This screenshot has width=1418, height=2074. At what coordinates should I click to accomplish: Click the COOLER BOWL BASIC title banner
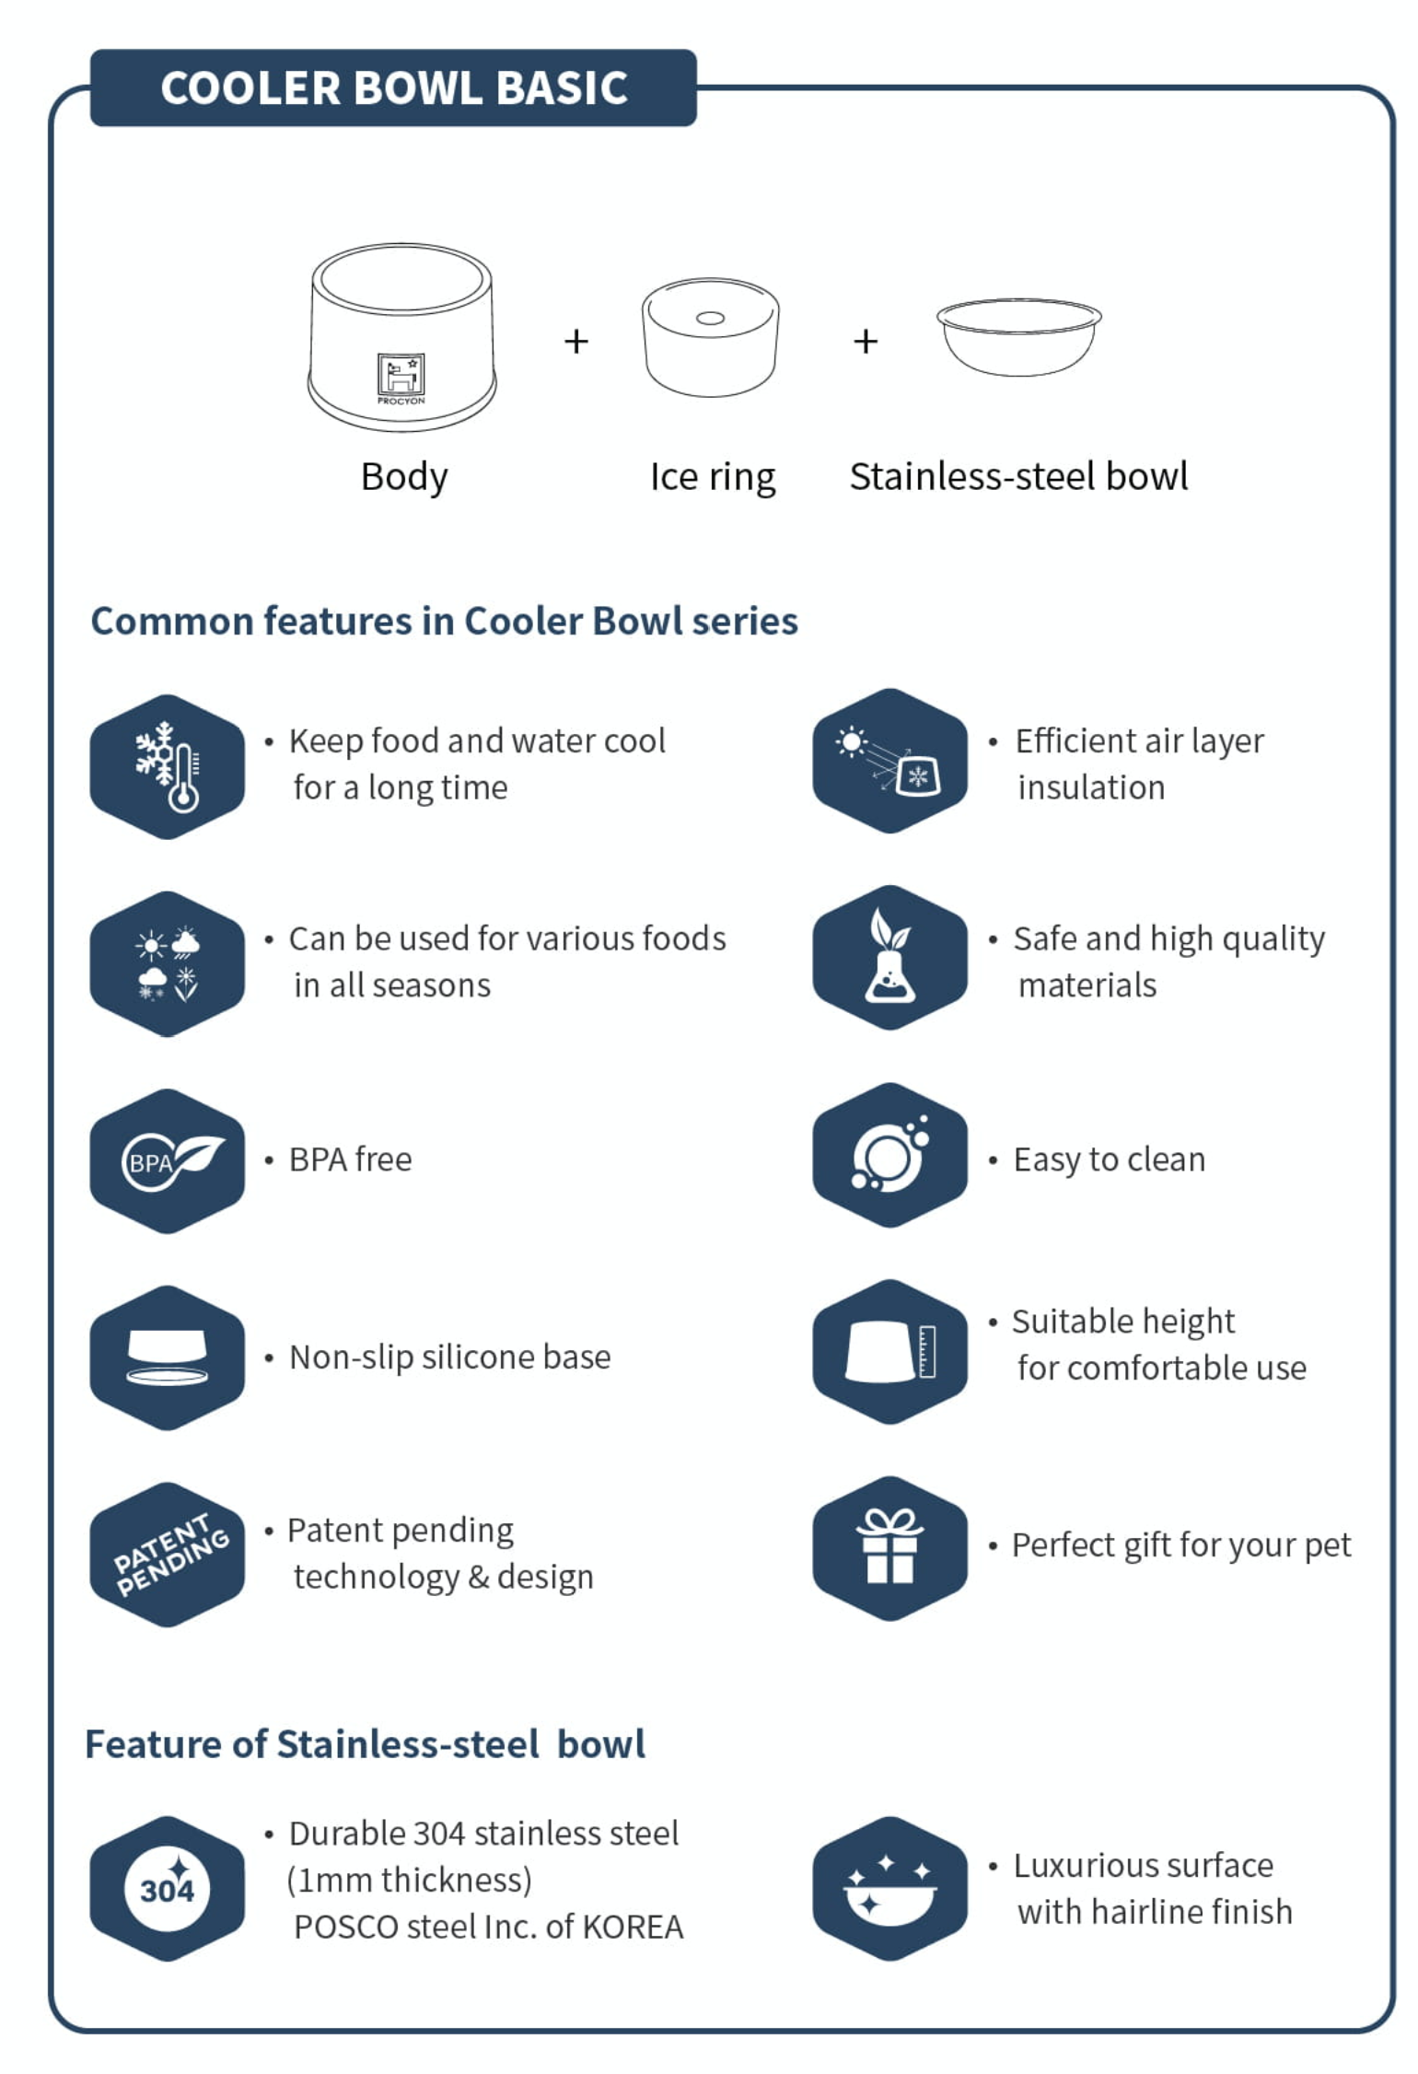[x=393, y=88]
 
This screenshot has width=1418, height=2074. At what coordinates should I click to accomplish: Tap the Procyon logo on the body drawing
[x=401, y=376]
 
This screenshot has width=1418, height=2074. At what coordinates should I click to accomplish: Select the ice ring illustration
[x=710, y=338]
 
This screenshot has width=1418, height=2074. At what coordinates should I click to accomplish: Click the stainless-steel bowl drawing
[x=1018, y=336]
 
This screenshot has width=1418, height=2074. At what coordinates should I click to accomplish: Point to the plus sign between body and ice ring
[x=576, y=342]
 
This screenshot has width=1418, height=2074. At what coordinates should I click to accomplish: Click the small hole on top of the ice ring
[x=710, y=319]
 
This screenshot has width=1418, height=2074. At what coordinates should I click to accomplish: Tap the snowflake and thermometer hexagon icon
[x=168, y=766]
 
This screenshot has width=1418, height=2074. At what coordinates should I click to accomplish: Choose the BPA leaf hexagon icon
[x=168, y=1160]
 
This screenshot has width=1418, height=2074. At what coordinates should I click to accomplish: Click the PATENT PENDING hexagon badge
[x=168, y=1555]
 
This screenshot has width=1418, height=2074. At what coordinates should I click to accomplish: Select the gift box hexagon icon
[x=889, y=1547]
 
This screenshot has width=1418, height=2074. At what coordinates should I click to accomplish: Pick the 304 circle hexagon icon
[x=168, y=1889]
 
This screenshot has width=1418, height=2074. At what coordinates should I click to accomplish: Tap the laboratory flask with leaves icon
[x=889, y=958]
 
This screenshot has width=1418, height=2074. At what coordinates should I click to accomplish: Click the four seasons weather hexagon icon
[x=168, y=963]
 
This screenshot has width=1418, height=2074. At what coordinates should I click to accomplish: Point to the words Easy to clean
[x=1109, y=1159]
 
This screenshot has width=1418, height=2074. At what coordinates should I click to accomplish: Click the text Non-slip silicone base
[x=449, y=1357]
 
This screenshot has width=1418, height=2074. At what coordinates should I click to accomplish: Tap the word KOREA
[x=633, y=1928]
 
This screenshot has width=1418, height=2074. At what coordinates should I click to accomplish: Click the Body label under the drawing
[x=404, y=477]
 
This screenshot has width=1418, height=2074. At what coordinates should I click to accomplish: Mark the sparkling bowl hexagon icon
[x=889, y=1889]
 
